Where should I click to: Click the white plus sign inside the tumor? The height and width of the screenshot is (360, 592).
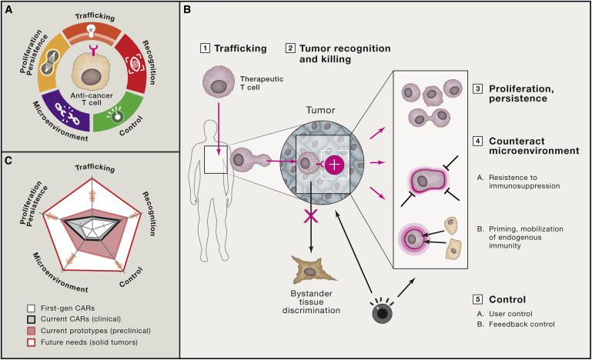334,164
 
